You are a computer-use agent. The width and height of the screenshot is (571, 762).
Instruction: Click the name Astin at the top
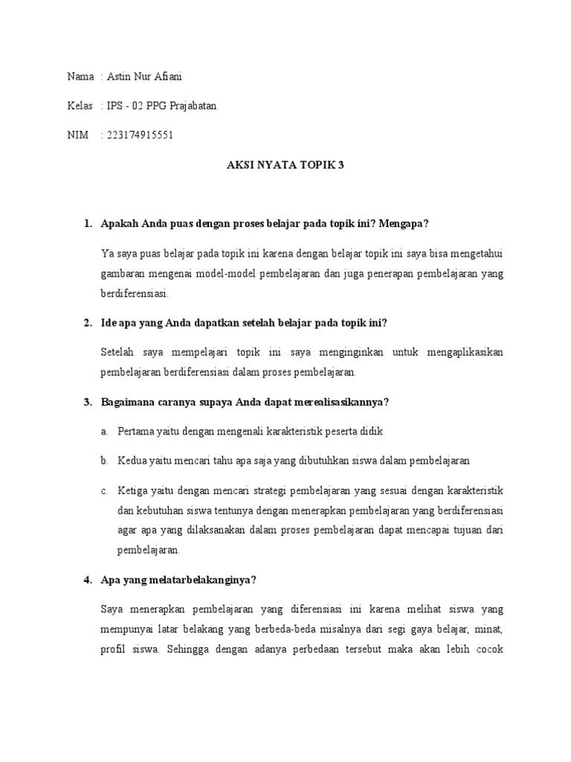pos(118,77)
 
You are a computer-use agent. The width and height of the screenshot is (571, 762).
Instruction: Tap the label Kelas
pos(80,106)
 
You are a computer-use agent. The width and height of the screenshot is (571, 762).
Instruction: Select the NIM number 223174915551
pos(140,135)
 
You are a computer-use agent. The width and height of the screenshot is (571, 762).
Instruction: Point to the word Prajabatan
pos(193,106)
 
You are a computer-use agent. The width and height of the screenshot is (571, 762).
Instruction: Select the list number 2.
pos(87,322)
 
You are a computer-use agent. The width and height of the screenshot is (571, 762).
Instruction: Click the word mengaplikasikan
pos(465,351)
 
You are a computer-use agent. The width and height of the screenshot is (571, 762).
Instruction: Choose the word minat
pos(488,629)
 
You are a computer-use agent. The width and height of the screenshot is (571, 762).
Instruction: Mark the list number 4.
pos(87,580)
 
